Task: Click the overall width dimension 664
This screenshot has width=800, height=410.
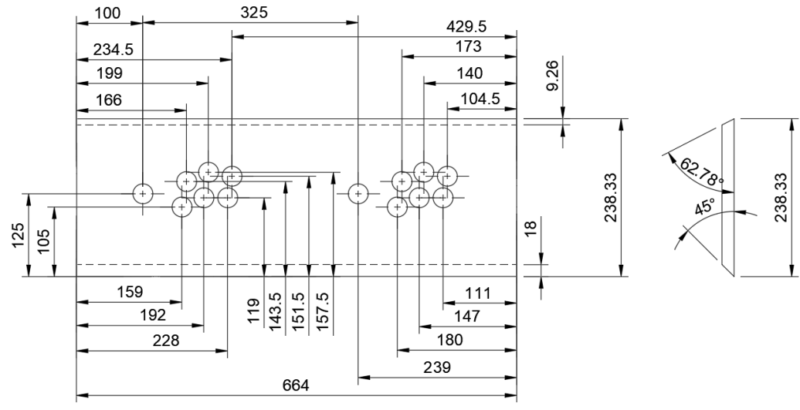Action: pos(296,385)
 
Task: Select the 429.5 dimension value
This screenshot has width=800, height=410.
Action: pos(466,26)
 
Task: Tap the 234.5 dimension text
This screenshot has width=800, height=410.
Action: pos(114,49)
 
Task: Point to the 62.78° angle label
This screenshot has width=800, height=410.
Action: pos(701,172)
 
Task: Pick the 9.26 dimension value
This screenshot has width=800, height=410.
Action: pos(553,75)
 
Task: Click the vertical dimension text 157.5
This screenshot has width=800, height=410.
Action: pos(323,311)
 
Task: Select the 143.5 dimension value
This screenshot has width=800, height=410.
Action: pos(276,311)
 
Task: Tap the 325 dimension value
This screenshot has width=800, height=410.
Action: pos(253,12)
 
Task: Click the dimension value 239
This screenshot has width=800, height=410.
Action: pos(437,368)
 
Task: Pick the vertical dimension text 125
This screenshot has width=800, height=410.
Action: pos(19,235)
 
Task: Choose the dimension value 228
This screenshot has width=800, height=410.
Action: pos(166,341)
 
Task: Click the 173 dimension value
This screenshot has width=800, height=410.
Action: pos(468,46)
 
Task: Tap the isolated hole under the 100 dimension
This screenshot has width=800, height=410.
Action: pos(143,194)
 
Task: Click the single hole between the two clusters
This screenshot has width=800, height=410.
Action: pos(358,194)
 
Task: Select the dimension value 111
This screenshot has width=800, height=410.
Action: pos(478,293)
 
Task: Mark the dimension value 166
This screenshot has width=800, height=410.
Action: pos(109,100)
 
